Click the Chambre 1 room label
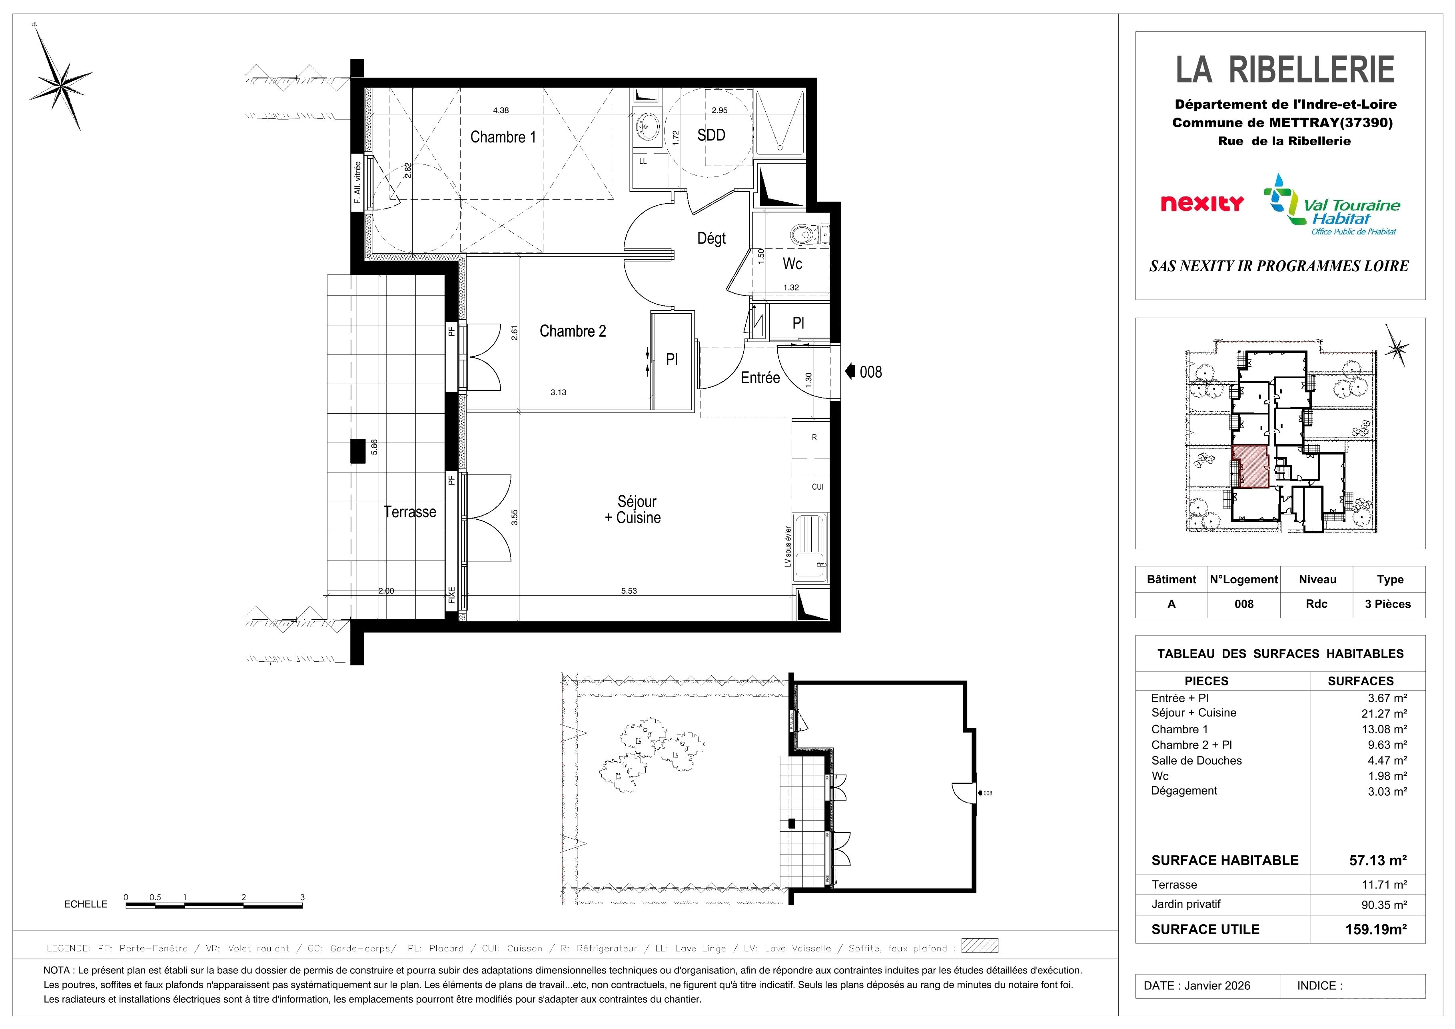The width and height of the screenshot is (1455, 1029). (x=503, y=137)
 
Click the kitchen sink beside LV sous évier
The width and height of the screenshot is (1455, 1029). (x=810, y=549)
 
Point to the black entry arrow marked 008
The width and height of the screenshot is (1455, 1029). (x=850, y=372)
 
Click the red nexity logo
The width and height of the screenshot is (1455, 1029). (x=1202, y=204)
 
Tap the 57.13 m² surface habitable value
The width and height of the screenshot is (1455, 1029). (x=1378, y=860)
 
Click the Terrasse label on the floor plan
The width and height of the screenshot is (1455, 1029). (x=409, y=512)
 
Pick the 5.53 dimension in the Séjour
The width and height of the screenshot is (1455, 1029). (x=629, y=591)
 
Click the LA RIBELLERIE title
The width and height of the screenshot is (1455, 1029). (x=1285, y=70)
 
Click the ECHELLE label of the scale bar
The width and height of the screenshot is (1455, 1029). (x=86, y=904)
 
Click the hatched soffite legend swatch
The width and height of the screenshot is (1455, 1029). (x=980, y=945)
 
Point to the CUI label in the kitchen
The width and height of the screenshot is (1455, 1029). (x=818, y=487)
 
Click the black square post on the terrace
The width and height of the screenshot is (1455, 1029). (x=358, y=451)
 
